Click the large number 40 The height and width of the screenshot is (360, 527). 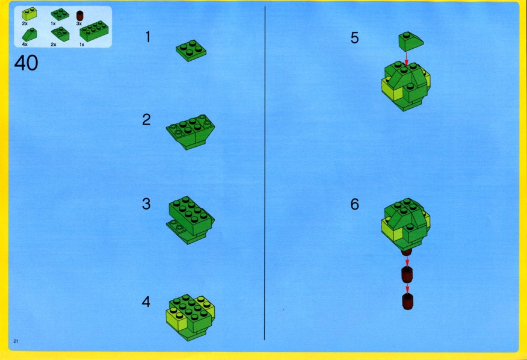click(26, 63)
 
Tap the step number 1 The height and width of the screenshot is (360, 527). click(148, 37)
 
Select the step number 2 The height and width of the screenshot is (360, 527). click(147, 120)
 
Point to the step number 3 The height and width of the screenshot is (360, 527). click(146, 204)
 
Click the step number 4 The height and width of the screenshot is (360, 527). click(146, 302)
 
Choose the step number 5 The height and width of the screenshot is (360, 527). click(354, 38)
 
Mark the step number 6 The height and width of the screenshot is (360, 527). click(354, 204)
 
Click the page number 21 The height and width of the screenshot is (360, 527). click(16, 341)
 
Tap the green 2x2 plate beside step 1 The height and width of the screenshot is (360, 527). click(191, 51)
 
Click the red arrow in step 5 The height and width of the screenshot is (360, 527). click(406, 58)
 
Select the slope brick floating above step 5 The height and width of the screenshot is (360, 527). click(411, 42)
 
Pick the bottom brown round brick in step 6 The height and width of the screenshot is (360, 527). click(408, 302)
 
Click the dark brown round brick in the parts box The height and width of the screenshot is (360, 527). click(79, 16)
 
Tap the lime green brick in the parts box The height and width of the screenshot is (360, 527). click(29, 14)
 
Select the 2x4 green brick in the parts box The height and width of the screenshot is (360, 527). click(94, 31)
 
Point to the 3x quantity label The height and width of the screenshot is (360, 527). click(79, 24)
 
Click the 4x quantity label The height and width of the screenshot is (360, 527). click(25, 45)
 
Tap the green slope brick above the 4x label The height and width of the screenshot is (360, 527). click(29, 36)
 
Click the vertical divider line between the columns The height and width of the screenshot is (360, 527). click(265, 173)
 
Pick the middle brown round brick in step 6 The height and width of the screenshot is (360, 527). click(407, 275)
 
